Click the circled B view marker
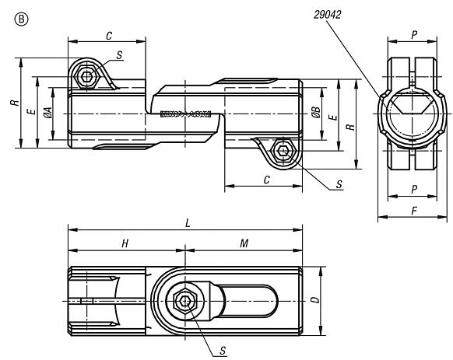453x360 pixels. (21, 19)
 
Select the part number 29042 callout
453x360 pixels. (328, 15)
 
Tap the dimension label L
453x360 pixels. (188, 223)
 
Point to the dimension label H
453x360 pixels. (125, 243)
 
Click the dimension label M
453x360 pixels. (244, 243)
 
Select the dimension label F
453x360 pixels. (414, 211)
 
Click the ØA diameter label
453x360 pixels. (48, 112)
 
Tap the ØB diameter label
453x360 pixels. (316, 112)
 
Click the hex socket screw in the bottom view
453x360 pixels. (185, 301)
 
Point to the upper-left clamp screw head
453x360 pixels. (86, 77)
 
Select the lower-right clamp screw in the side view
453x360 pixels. (283, 151)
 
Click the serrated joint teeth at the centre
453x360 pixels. (185, 114)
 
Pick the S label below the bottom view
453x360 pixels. (223, 351)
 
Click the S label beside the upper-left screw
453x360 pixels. (119, 55)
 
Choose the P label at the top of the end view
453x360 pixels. (414, 35)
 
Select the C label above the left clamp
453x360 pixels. (109, 36)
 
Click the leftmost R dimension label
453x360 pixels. (15, 103)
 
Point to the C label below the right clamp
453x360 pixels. (267, 180)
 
